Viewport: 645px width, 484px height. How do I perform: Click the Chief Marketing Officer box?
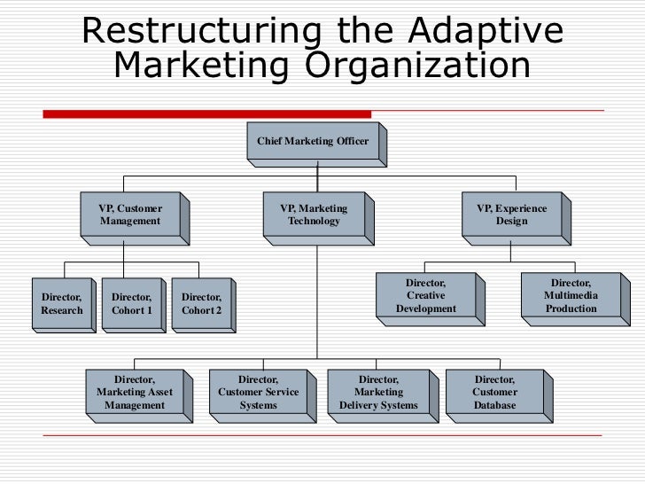313,141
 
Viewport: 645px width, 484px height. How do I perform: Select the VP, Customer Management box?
130,215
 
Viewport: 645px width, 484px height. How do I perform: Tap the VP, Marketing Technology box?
314,215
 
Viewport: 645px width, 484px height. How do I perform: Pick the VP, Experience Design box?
511,215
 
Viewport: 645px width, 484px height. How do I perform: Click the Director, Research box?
61,304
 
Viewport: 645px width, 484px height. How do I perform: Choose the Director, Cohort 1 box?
132,304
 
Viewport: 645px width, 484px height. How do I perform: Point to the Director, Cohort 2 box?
201,304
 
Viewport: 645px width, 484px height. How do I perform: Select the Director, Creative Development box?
425,296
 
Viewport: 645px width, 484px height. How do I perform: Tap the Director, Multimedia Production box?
571,296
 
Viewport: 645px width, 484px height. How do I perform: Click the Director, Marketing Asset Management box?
135,393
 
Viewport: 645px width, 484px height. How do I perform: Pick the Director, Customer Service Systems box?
258,393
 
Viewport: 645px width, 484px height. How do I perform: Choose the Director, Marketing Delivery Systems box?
378,393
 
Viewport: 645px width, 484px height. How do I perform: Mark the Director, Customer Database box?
494,393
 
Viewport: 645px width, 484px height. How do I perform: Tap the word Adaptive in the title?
486,32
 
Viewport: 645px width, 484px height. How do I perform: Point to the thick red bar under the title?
207,113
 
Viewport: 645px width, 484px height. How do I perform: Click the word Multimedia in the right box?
571,296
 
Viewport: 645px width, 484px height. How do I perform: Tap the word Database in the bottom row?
494,406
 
